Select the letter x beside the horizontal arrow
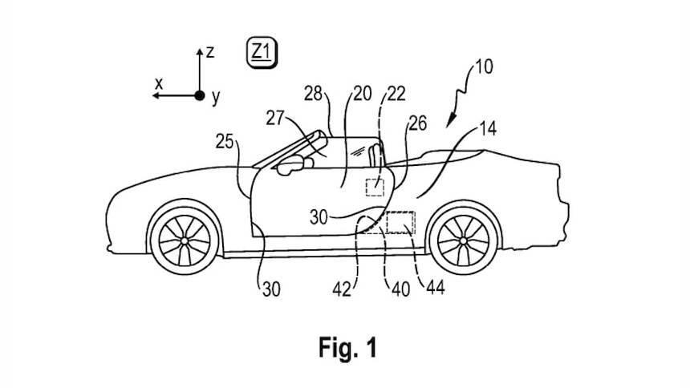[x=159, y=83]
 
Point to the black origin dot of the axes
[x=199, y=95]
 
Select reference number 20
[x=362, y=94]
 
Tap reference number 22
[x=396, y=94]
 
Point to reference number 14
[x=488, y=127]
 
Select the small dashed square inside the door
[x=375, y=188]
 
